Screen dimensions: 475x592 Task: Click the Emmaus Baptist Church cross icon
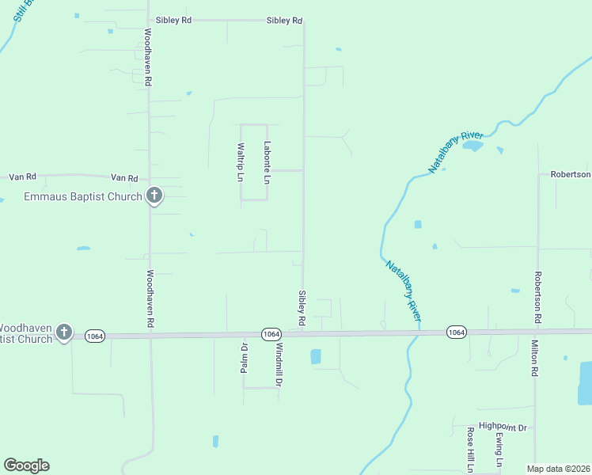click(154, 195)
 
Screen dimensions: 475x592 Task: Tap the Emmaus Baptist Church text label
click(83, 196)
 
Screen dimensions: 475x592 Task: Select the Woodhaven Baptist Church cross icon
click(64, 332)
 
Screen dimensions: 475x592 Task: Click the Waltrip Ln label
click(241, 162)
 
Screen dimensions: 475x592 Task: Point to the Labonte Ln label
click(268, 162)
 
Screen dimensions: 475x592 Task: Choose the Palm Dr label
click(244, 357)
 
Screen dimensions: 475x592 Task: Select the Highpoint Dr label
click(502, 427)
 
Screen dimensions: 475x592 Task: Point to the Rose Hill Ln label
click(470, 450)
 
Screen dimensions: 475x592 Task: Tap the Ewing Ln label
click(499, 450)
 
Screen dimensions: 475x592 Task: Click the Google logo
click(26, 465)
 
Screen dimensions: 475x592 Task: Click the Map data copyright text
click(558, 469)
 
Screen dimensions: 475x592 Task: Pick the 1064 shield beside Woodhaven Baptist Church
click(94, 336)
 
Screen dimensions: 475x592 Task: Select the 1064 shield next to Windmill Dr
click(271, 334)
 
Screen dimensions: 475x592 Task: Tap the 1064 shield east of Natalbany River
click(456, 332)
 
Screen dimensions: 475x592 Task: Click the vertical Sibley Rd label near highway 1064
click(301, 308)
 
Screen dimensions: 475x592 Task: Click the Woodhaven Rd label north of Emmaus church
click(148, 57)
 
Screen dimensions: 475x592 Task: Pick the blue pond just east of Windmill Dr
click(317, 356)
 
